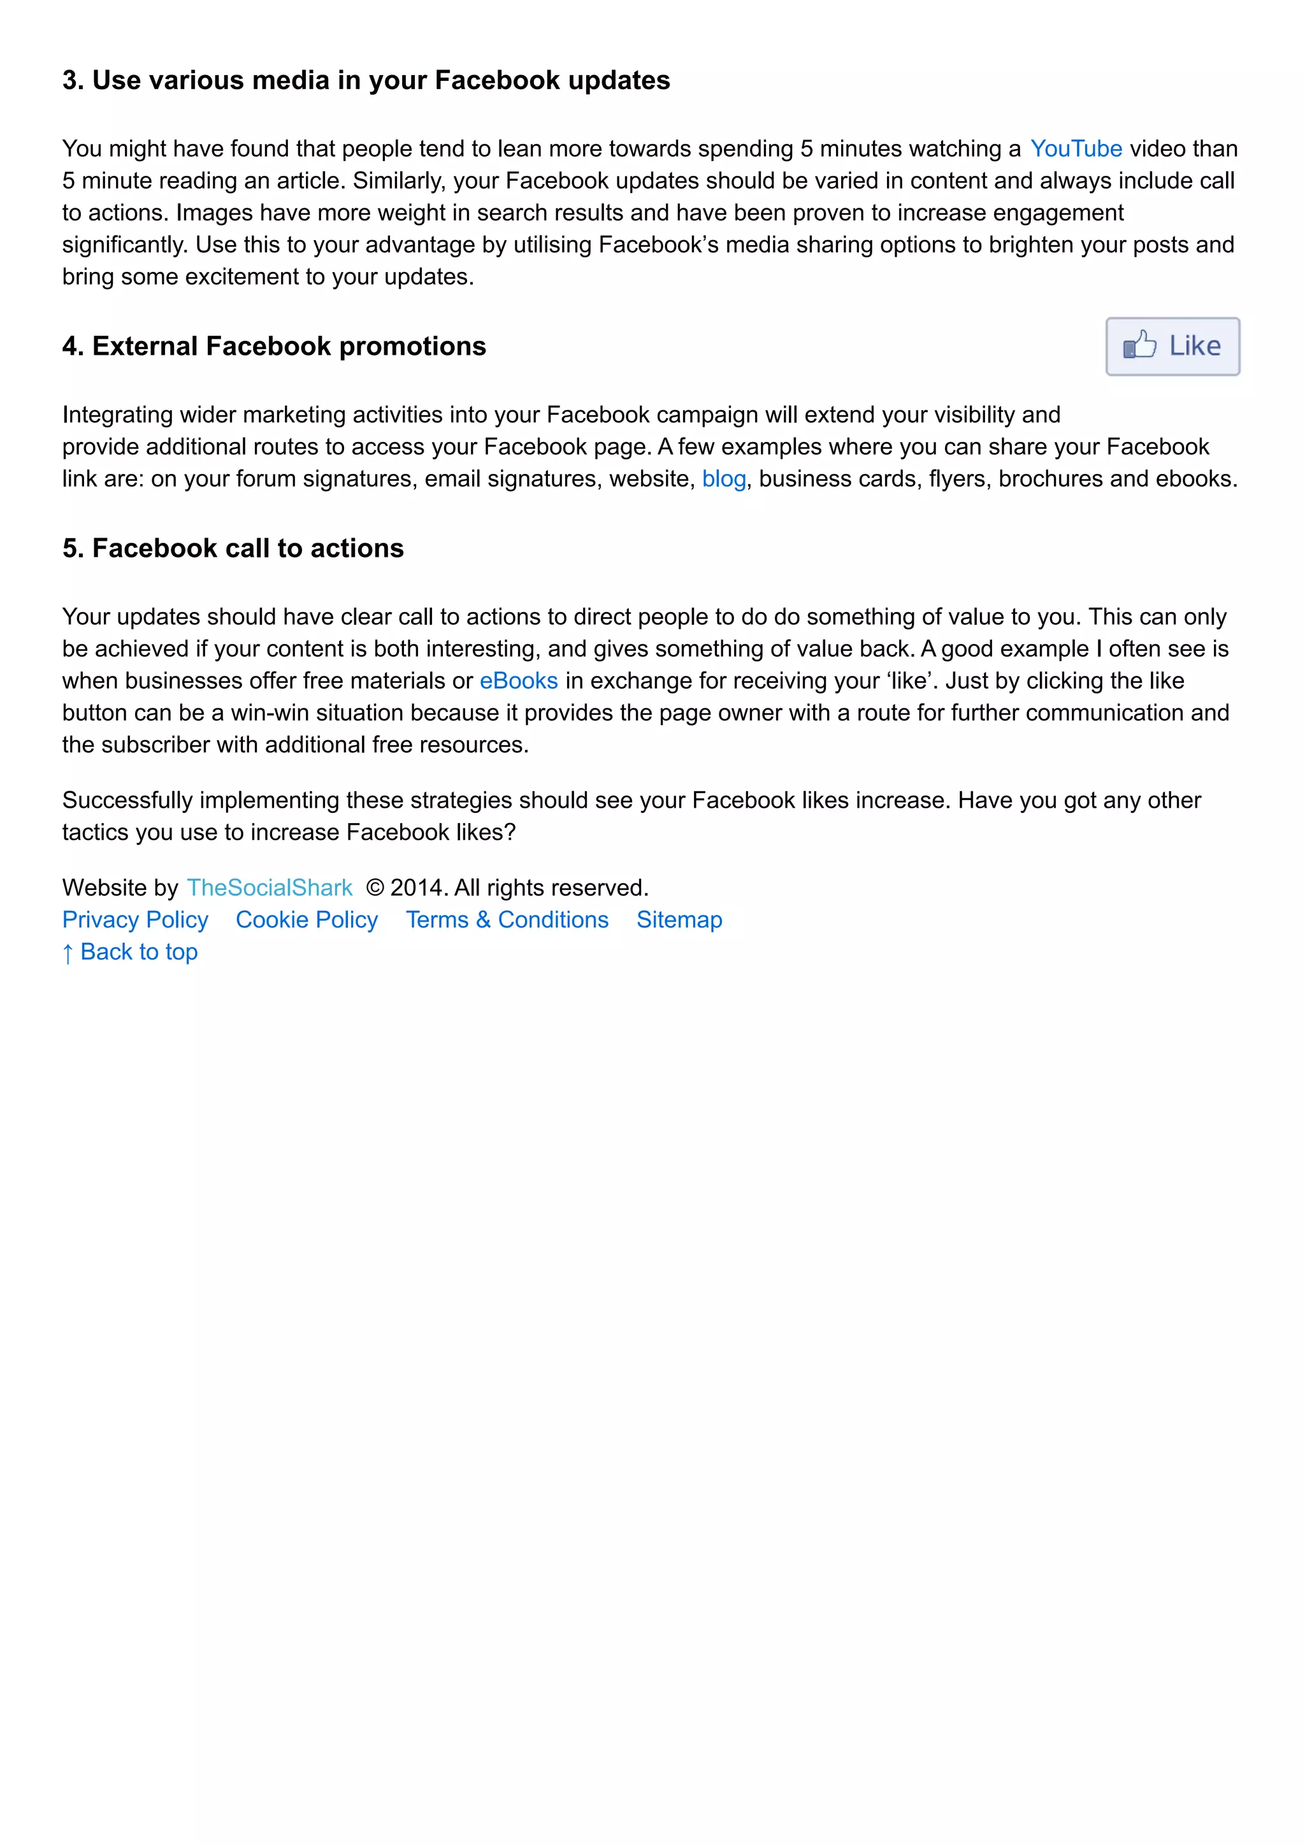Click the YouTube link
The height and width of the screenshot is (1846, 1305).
click(1075, 149)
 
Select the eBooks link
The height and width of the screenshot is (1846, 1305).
click(519, 681)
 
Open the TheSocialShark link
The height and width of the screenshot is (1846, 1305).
click(270, 887)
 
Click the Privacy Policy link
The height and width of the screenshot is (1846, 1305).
click(135, 920)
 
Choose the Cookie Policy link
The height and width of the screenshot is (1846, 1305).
click(306, 920)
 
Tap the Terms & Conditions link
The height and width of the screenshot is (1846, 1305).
click(507, 920)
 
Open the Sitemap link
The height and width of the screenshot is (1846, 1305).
click(679, 920)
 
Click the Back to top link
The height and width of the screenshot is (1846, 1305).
click(130, 952)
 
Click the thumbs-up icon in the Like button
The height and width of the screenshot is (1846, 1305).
click(1139, 346)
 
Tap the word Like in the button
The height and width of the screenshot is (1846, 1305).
click(1195, 346)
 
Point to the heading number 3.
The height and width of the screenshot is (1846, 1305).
click(71, 80)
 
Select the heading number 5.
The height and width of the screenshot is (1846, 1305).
click(71, 548)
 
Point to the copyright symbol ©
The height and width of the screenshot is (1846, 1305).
click(375, 887)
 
